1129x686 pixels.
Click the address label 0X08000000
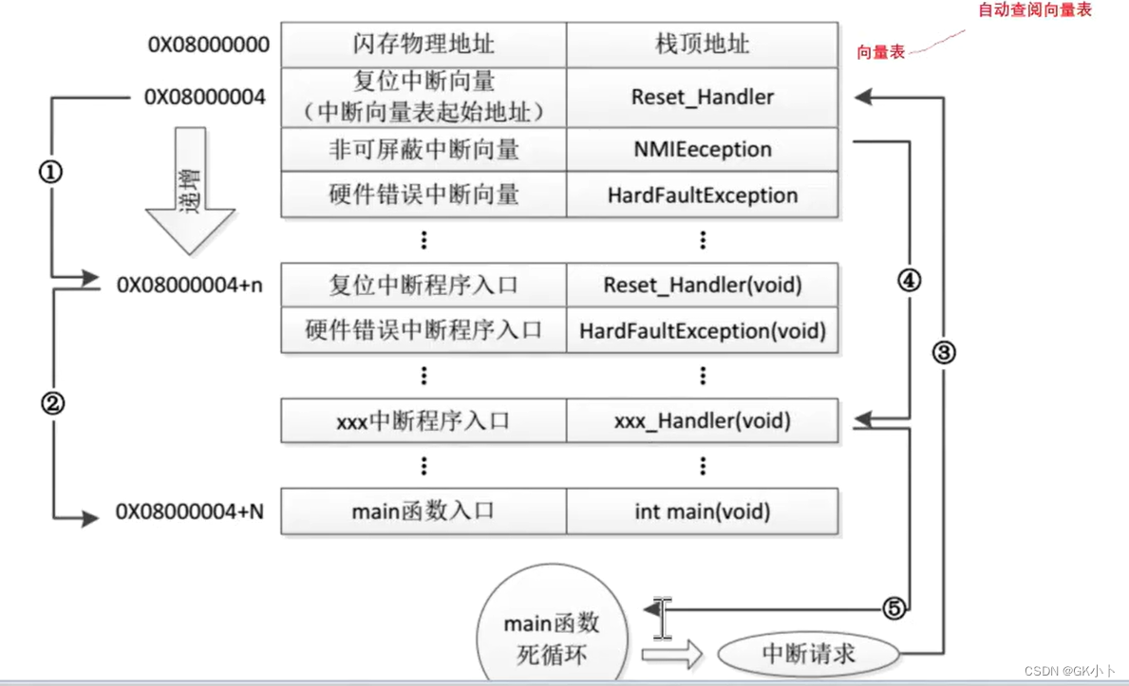pyautogui.click(x=208, y=45)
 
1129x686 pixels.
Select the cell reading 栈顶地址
pyautogui.click(x=702, y=45)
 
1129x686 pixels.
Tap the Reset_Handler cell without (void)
pyautogui.click(x=702, y=97)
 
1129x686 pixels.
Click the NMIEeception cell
pyautogui.click(x=702, y=149)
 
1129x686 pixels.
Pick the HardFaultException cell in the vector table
pyautogui.click(x=702, y=195)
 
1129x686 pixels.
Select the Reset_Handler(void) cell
pyautogui.click(x=702, y=285)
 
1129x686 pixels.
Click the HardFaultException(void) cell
pyautogui.click(x=702, y=331)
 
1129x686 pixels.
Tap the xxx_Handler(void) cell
pyautogui.click(x=702, y=420)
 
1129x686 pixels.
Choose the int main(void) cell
pyautogui.click(x=702, y=511)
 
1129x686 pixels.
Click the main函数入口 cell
pyautogui.click(x=423, y=511)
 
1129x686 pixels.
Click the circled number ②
pyautogui.click(x=53, y=403)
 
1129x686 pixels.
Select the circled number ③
pyautogui.click(x=943, y=353)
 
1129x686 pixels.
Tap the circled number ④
pyautogui.click(x=910, y=281)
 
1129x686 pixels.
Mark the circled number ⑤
pyautogui.click(x=893, y=609)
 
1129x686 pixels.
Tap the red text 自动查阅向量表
pyautogui.click(x=1035, y=10)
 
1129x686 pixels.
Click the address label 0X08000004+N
pyautogui.click(x=190, y=512)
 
